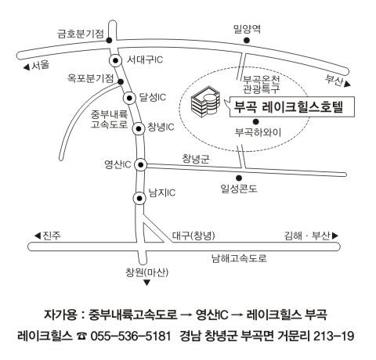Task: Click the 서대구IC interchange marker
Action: [115, 61]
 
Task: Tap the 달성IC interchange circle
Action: [129, 98]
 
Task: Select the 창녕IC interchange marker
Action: [139, 128]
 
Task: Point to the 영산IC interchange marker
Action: [141, 165]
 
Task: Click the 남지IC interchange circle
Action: [139, 199]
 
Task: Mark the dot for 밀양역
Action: [246, 40]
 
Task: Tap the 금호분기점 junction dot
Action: [109, 40]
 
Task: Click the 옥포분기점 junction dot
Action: [121, 81]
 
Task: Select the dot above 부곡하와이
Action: [256, 121]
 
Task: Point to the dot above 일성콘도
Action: [239, 178]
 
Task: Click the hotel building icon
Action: [205, 102]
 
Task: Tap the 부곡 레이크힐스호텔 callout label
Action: [289, 107]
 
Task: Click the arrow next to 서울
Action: [27, 67]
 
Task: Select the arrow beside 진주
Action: [38, 236]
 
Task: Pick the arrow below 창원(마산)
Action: [147, 283]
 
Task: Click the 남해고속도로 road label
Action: [239, 258]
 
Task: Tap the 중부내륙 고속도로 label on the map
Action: [109, 119]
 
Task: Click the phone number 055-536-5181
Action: [131, 336]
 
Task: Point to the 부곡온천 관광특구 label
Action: [262, 85]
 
